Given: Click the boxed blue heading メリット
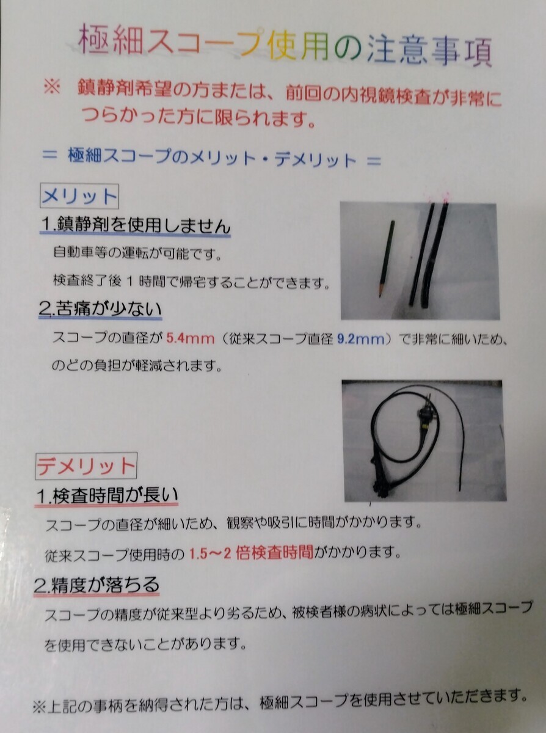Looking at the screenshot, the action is pyautogui.click(x=79, y=197).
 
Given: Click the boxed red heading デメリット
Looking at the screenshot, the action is pyautogui.click(x=86, y=465).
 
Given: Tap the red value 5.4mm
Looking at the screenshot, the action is pyautogui.click(x=190, y=338).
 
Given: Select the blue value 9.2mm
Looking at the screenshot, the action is pyautogui.click(x=361, y=339).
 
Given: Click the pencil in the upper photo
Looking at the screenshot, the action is pyautogui.click(x=387, y=258).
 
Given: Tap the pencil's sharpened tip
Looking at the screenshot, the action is pyautogui.click(x=380, y=296).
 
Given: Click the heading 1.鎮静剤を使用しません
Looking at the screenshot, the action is pyautogui.click(x=135, y=226).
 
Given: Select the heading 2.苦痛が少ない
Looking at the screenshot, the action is pyautogui.click(x=100, y=309).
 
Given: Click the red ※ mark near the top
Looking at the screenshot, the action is pyautogui.click(x=52, y=88).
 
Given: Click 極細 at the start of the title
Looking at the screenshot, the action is pyautogui.click(x=111, y=42).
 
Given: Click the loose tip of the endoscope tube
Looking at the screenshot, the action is pyautogui.click(x=460, y=489).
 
